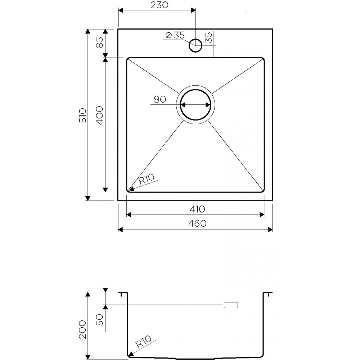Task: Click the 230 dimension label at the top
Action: pos(157,5)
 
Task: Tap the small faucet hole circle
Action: pos(195,46)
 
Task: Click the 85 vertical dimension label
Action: pos(100,42)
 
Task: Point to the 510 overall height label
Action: pos(83,115)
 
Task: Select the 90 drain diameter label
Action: pos(159,100)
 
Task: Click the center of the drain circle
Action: pos(195,105)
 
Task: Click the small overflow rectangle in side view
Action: pos(231,305)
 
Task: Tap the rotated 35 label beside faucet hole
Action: pos(208,38)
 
